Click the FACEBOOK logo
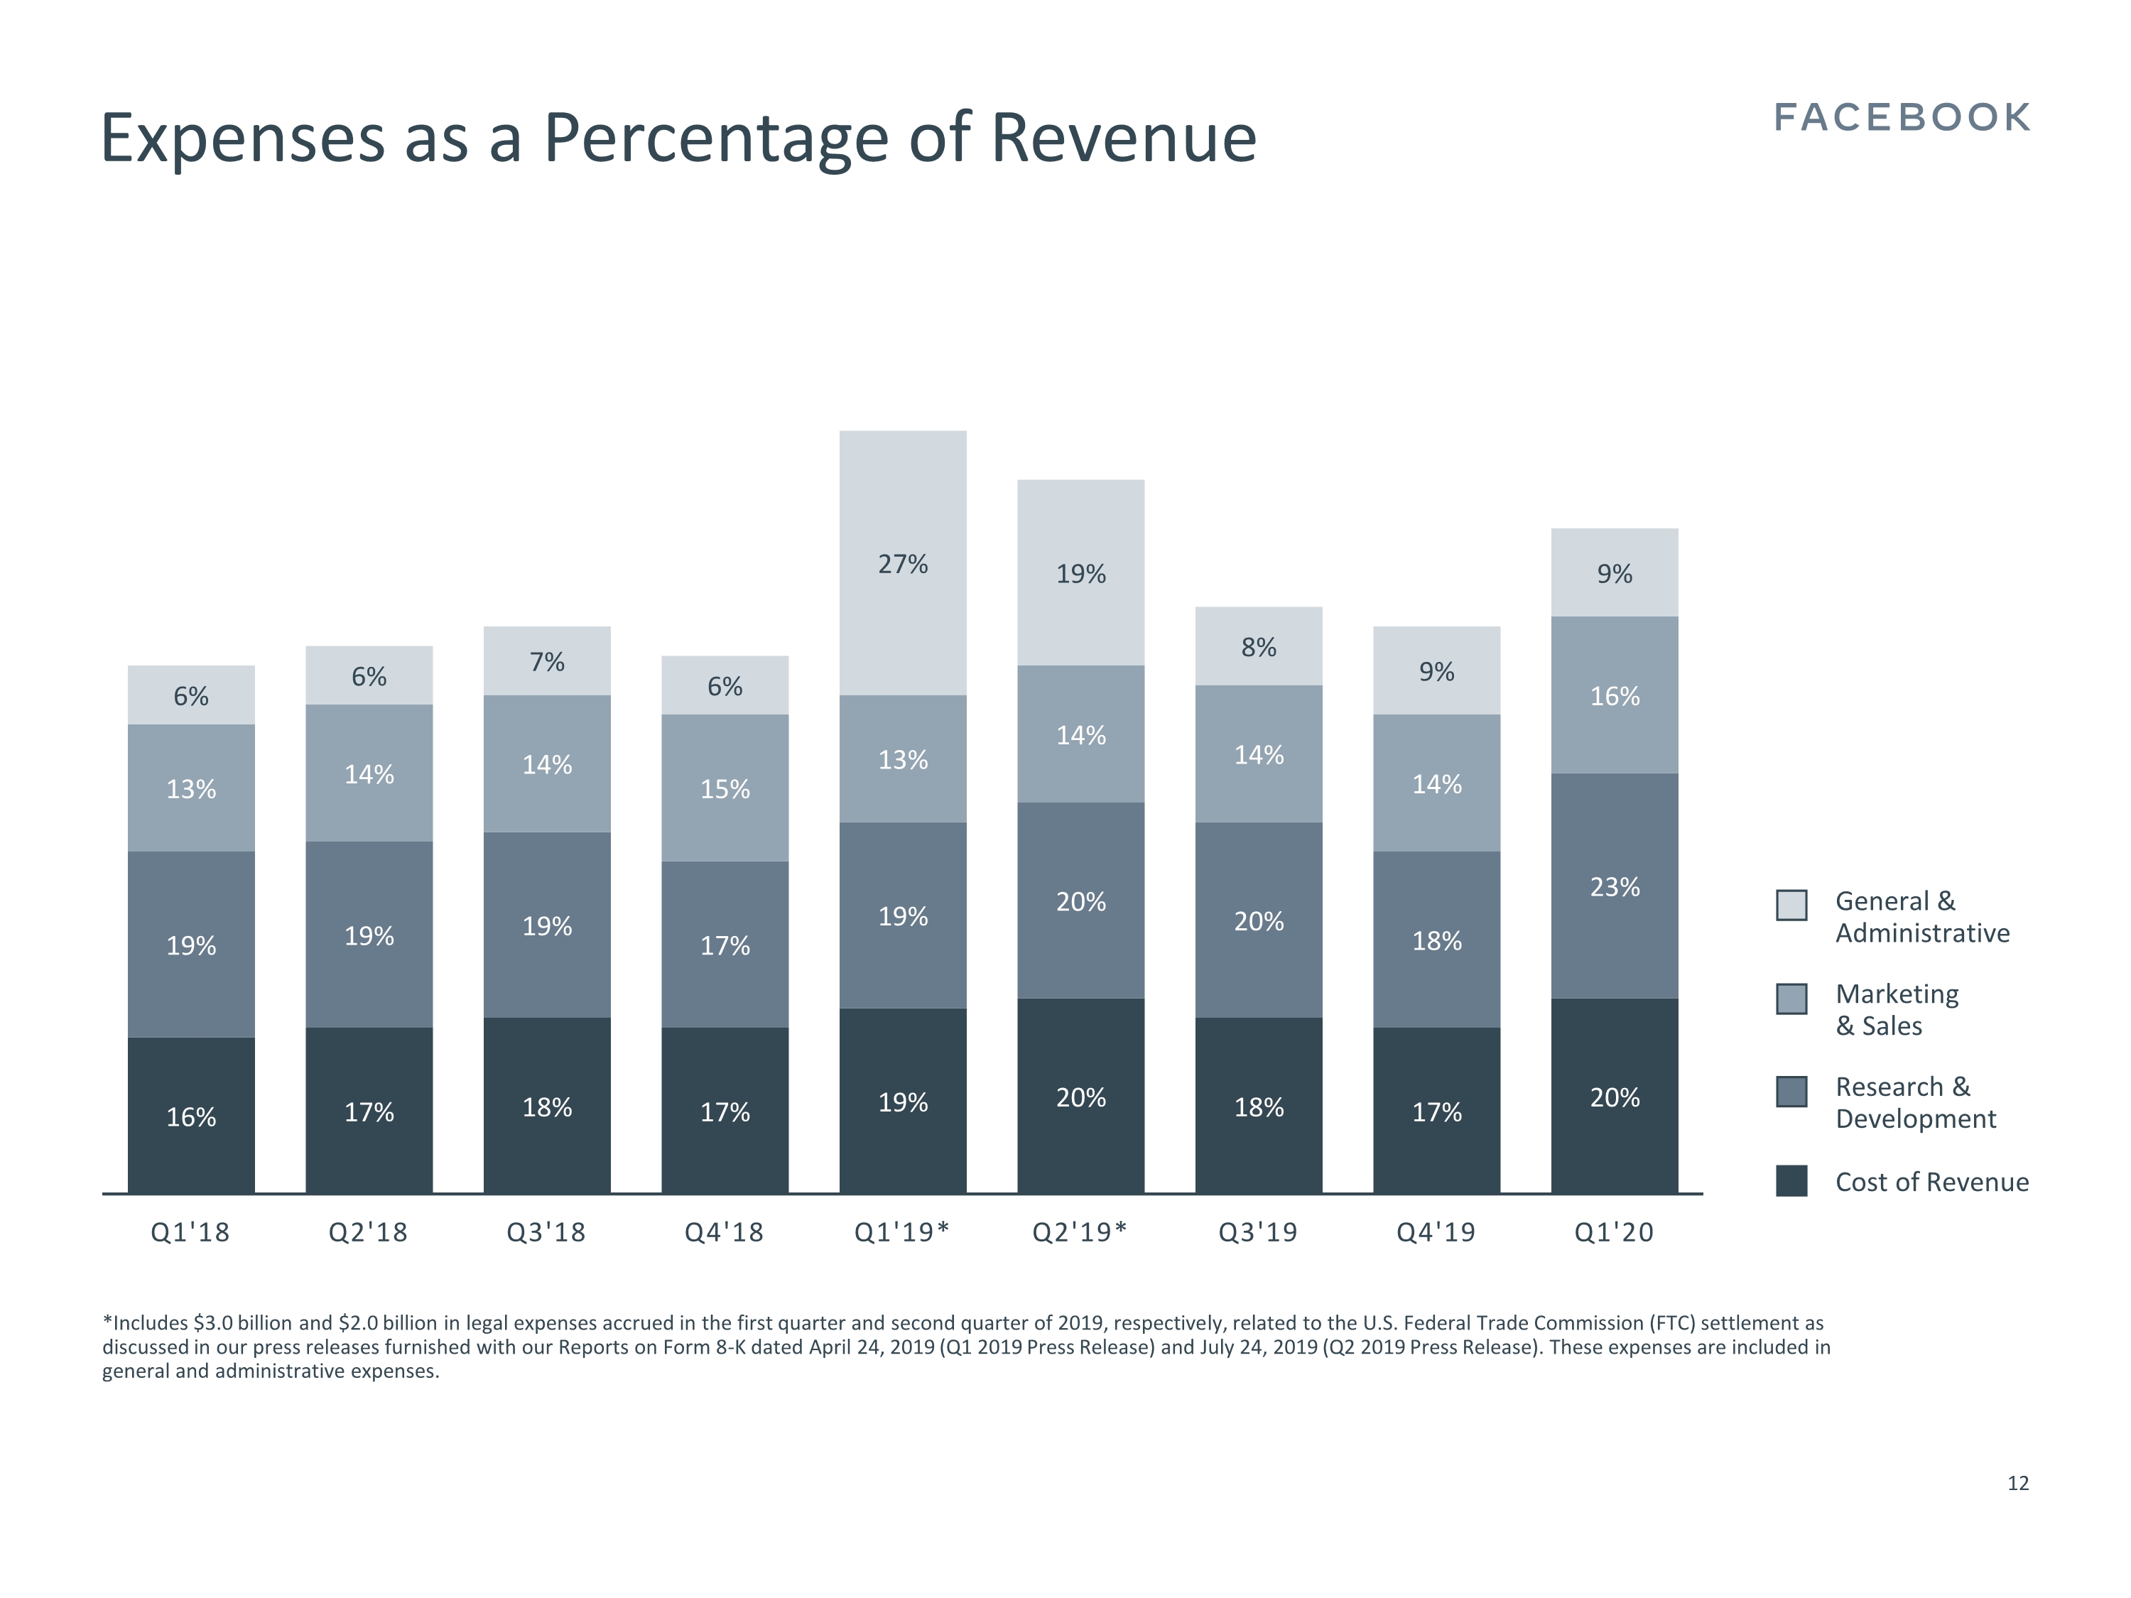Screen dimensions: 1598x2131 tap(1902, 117)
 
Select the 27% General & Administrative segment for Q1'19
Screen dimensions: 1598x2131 tap(903, 563)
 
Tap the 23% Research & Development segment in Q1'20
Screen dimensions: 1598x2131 tap(1615, 886)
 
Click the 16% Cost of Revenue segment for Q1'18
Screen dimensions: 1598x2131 tap(191, 1116)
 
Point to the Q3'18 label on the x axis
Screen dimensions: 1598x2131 tap(546, 1232)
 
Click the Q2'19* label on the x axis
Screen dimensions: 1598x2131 tap(1079, 1232)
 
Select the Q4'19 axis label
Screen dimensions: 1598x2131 tap(1436, 1232)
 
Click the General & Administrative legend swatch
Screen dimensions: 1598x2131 tap(1791, 906)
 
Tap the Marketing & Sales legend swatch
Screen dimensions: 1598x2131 tap(1791, 999)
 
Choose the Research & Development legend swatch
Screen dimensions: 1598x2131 tap(1791, 1092)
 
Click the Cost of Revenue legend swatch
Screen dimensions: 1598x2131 tap(1791, 1181)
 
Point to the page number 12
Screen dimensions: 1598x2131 tap(2017, 1484)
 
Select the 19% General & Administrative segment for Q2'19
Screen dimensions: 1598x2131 tap(1081, 573)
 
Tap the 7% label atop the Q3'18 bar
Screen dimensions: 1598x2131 tap(546, 662)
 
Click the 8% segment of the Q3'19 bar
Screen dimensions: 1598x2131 tap(1258, 646)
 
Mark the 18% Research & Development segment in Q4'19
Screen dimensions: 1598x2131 tap(1436, 940)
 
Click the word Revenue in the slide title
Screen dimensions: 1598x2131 tap(1123, 138)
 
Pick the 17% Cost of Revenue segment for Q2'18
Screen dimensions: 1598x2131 tap(369, 1111)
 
